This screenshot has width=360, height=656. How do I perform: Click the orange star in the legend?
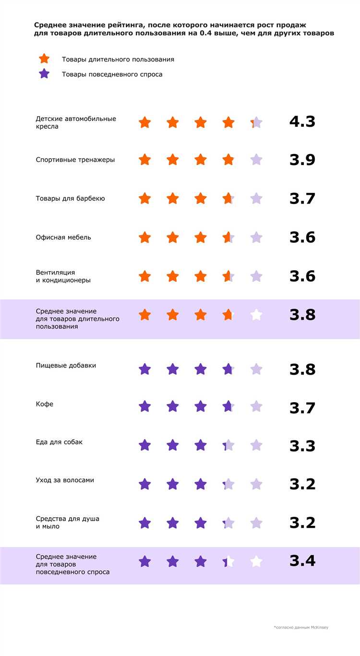(x=44, y=59)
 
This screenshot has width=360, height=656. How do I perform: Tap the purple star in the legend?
(x=44, y=74)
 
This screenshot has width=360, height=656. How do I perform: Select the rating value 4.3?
(x=302, y=121)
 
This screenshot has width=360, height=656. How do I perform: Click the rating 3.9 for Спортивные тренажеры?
(x=302, y=160)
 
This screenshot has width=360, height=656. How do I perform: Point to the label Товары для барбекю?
(x=70, y=198)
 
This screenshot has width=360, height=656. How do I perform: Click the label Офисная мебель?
(x=63, y=237)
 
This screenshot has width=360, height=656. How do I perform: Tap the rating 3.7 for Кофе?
(x=302, y=408)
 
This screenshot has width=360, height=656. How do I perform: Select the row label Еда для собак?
(x=59, y=441)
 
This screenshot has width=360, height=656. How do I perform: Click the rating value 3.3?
(x=302, y=446)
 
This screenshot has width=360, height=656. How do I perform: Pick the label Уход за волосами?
(x=65, y=480)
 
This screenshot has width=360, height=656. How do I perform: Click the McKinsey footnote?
(x=301, y=627)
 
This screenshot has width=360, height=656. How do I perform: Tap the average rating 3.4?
(x=302, y=561)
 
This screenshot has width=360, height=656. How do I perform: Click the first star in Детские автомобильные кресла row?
(x=144, y=122)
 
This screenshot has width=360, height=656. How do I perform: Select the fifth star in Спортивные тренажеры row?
(x=256, y=160)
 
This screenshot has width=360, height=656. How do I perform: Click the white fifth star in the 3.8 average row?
(x=256, y=315)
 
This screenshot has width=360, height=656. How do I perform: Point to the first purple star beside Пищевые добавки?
(x=144, y=369)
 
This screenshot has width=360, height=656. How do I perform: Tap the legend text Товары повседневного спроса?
(x=112, y=74)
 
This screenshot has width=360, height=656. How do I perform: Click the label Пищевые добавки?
(x=66, y=365)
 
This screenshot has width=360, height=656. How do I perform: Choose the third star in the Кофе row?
(x=201, y=406)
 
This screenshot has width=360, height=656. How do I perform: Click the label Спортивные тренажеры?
(x=75, y=160)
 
